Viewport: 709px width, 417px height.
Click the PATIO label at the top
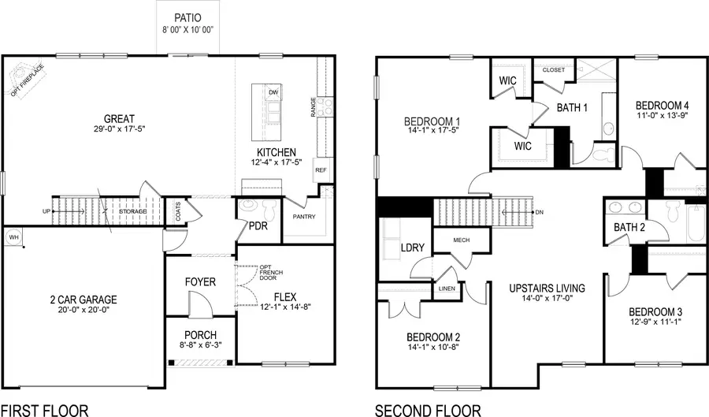click(x=187, y=17)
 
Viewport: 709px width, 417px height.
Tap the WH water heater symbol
click(x=13, y=236)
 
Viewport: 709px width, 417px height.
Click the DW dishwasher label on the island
click(x=273, y=93)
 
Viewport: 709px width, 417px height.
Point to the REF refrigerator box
click(x=321, y=170)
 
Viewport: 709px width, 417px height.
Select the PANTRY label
click(x=304, y=216)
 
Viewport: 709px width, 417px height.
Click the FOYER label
click(x=200, y=281)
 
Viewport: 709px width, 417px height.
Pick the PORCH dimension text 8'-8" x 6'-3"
click(x=200, y=346)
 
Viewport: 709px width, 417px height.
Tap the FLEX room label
click(x=284, y=297)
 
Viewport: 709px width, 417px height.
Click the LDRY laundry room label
click(x=412, y=248)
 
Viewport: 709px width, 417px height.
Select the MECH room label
click(x=461, y=241)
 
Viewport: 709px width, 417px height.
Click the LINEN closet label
click(x=446, y=289)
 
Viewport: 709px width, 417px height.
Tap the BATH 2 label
click(x=630, y=228)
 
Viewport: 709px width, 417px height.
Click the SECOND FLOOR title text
click(x=427, y=410)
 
